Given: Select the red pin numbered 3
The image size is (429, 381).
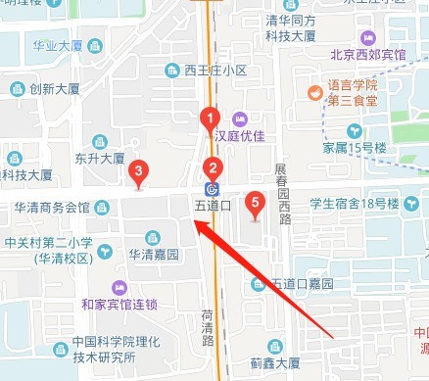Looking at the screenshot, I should coord(139,173).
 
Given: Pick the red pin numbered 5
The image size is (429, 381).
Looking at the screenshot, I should coord(256,205).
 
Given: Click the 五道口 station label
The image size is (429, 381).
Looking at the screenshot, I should coord(212,206).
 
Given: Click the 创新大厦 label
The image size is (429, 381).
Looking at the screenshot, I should coord(53,88).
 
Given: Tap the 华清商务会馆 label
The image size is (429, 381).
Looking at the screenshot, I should coord(51,209).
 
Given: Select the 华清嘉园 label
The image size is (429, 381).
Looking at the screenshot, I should coord(157,253).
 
